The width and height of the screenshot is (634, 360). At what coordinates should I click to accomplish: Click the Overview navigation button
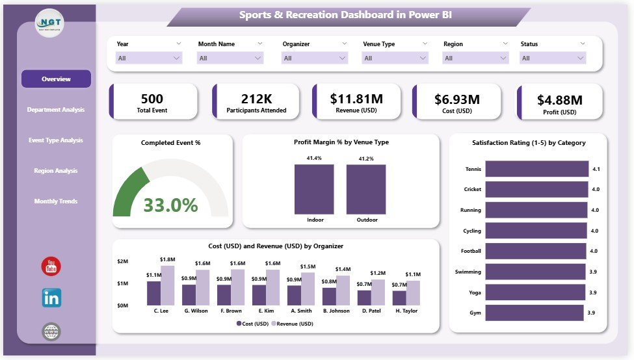tap(56, 79)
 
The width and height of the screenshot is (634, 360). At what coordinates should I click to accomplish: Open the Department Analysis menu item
tap(56, 110)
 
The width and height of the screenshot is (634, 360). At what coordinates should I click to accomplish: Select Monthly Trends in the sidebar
tap(56, 201)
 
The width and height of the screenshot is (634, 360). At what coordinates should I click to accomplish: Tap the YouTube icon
tap(51, 266)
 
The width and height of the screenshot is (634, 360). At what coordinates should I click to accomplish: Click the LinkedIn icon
tap(51, 298)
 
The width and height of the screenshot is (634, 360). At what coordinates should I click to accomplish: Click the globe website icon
tap(51, 332)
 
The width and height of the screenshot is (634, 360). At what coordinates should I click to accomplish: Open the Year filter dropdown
tap(149, 58)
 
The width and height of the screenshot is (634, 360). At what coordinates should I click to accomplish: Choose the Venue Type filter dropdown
tap(395, 58)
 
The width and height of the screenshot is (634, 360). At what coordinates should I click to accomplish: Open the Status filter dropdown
tap(552, 58)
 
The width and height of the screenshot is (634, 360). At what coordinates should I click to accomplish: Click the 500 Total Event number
tap(152, 99)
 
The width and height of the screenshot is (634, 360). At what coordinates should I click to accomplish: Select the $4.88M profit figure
tap(560, 99)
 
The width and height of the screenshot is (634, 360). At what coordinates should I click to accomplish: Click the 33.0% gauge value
tap(170, 205)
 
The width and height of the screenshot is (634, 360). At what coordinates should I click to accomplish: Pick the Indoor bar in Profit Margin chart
tap(314, 188)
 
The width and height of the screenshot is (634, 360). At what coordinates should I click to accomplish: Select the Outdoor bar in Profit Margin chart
tap(365, 188)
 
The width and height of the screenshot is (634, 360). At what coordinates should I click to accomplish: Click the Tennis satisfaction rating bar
tap(536, 169)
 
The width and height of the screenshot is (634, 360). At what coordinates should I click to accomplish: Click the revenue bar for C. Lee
tap(168, 285)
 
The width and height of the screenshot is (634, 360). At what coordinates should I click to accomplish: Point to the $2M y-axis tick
tap(122, 261)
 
